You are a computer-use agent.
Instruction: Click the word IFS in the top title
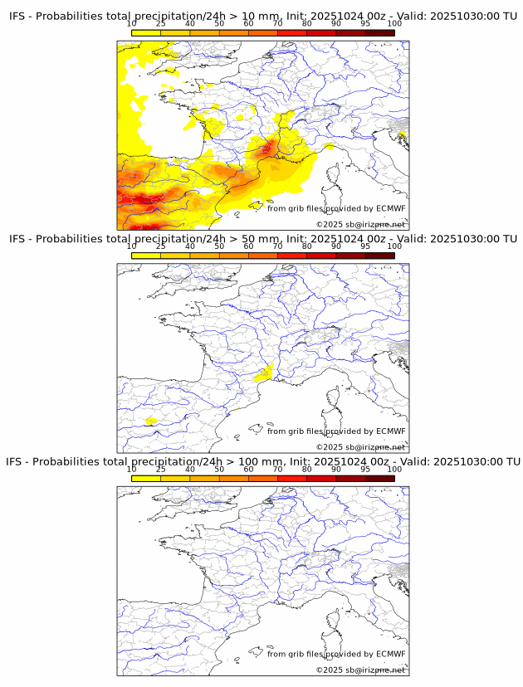[17, 16]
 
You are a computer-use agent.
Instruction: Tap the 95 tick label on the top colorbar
[365, 23]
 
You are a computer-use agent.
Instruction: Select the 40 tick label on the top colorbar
[190, 23]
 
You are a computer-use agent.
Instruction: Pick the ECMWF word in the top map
[391, 208]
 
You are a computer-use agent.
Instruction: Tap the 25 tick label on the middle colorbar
[161, 246]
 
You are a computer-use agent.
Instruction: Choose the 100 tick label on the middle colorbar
[394, 246]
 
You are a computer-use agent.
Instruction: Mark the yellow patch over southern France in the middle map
[266, 373]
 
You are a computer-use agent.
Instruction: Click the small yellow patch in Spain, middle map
[151, 421]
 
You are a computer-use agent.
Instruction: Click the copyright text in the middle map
[360, 447]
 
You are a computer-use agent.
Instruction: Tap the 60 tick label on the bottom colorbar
[248, 469]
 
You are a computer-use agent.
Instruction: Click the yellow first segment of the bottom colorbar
[146, 477]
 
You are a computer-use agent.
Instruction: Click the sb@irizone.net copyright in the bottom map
[360, 670]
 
